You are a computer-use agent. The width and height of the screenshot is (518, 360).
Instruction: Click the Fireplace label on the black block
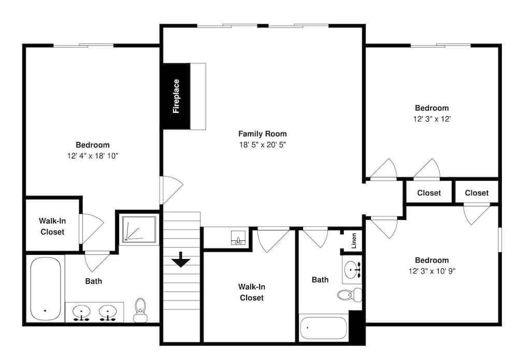[176, 96]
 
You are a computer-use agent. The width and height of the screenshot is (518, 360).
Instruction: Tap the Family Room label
[262, 134]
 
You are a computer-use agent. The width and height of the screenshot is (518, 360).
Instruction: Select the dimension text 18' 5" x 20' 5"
[262, 145]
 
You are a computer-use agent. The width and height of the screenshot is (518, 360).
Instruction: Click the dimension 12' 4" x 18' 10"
[93, 156]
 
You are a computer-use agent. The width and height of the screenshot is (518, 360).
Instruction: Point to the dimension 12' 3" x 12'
[431, 119]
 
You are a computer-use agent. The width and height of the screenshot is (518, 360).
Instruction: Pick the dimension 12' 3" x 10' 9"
[431, 271]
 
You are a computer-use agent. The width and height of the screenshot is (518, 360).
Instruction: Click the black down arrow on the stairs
[181, 260]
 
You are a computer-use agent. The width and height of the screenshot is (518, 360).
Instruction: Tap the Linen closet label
[354, 241]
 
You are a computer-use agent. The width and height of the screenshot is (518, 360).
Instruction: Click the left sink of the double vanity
[81, 312]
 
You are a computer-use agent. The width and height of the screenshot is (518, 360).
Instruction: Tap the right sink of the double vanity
[108, 312]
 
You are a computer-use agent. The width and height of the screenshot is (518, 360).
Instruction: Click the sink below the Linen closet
[352, 269]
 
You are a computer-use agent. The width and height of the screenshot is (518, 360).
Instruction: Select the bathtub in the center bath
[323, 327]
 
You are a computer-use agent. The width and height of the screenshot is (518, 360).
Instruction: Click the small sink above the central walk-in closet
[238, 238]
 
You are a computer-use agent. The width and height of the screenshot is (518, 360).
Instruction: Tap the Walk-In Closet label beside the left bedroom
[52, 226]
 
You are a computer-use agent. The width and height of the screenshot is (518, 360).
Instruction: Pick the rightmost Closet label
[477, 193]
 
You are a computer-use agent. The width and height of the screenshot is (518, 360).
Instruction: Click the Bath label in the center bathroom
[320, 280]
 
